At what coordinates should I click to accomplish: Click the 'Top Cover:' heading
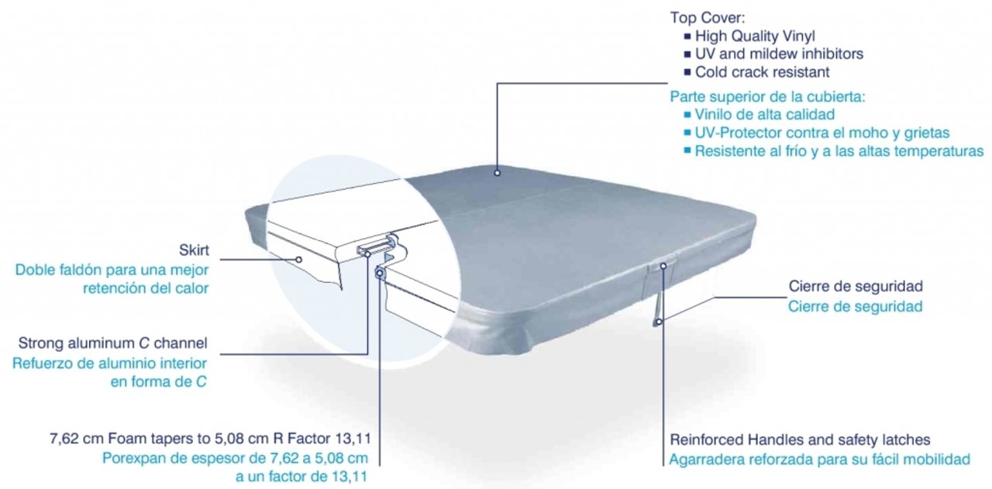click(x=708, y=18)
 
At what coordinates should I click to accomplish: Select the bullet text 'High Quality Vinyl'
click(x=755, y=36)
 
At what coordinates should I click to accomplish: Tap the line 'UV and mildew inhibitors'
click(x=779, y=53)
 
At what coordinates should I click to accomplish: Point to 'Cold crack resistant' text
click(x=762, y=72)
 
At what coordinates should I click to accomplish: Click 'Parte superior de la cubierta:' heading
click(x=767, y=97)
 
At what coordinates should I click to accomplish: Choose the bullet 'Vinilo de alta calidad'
click(x=764, y=114)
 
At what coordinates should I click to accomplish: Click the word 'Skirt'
click(x=194, y=250)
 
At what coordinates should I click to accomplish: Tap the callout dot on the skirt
click(x=298, y=259)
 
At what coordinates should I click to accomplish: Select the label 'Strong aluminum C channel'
click(x=112, y=343)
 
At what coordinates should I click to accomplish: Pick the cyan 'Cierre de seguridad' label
click(x=855, y=306)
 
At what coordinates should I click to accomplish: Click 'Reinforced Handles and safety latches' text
click(x=800, y=439)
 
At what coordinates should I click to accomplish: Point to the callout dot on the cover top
click(x=497, y=173)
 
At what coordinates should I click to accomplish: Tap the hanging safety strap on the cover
click(x=657, y=305)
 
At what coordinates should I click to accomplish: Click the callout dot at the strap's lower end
click(x=659, y=322)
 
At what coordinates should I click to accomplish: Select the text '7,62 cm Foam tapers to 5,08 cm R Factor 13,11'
click(x=210, y=439)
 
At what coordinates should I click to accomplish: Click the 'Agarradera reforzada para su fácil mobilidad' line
click(x=820, y=460)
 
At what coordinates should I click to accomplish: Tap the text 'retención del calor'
click(x=146, y=288)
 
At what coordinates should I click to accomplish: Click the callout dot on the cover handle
click(x=663, y=266)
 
